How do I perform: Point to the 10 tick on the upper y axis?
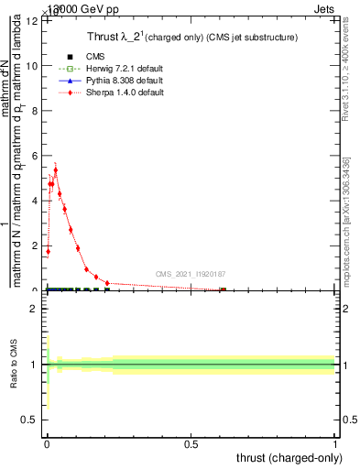[x=32, y=66]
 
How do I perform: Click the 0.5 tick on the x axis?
[x=191, y=443]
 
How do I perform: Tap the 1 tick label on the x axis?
[x=335, y=443]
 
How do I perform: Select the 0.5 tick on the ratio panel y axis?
[x=27, y=420]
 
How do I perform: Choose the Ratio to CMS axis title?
[x=14, y=365]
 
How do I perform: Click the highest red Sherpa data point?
[x=55, y=169]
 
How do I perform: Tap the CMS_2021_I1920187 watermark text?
[x=190, y=274]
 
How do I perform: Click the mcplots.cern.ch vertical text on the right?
[x=346, y=220]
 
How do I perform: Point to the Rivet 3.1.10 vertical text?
[x=346, y=69]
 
